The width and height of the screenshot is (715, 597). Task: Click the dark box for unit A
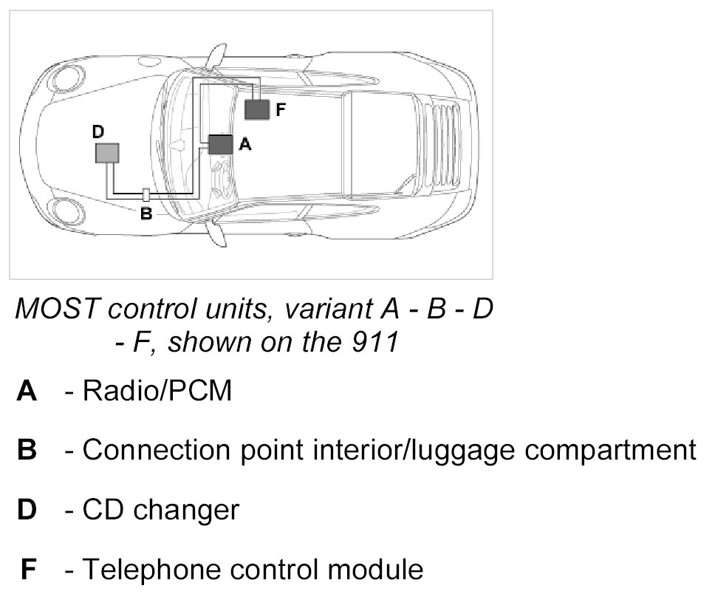click(x=220, y=144)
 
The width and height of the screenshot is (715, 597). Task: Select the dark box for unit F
click(x=257, y=109)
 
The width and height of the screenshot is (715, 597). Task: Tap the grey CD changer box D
click(x=107, y=153)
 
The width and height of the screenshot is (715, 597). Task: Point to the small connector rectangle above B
click(x=146, y=196)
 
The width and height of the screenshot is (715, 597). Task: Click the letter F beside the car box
click(x=281, y=110)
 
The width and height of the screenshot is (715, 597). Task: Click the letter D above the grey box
click(x=98, y=132)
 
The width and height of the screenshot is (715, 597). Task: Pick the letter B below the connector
click(x=146, y=214)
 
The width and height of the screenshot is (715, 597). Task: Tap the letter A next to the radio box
click(x=245, y=146)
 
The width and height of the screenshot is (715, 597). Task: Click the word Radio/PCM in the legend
click(x=157, y=391)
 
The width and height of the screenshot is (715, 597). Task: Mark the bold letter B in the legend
click(x=27, y=450)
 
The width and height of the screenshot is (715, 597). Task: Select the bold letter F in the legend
click(x=27, y=570)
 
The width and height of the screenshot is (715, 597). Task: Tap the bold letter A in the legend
click(x=27, y=391)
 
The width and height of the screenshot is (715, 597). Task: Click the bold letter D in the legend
click(x=27, y=510)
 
